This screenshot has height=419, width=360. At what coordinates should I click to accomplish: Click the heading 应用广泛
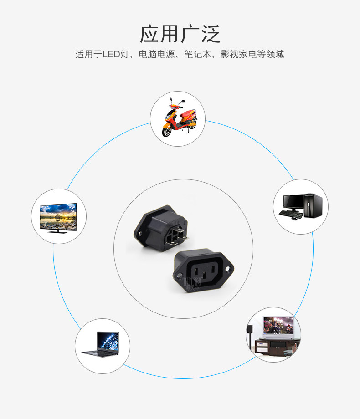180,34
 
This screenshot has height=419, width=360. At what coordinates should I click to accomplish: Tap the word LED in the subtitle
110,55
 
